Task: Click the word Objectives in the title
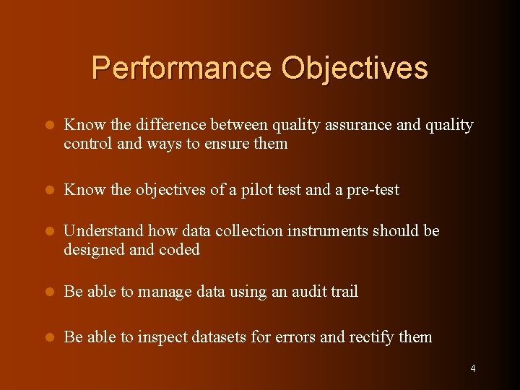tap(355, 69)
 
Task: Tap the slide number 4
tap(473, 369)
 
